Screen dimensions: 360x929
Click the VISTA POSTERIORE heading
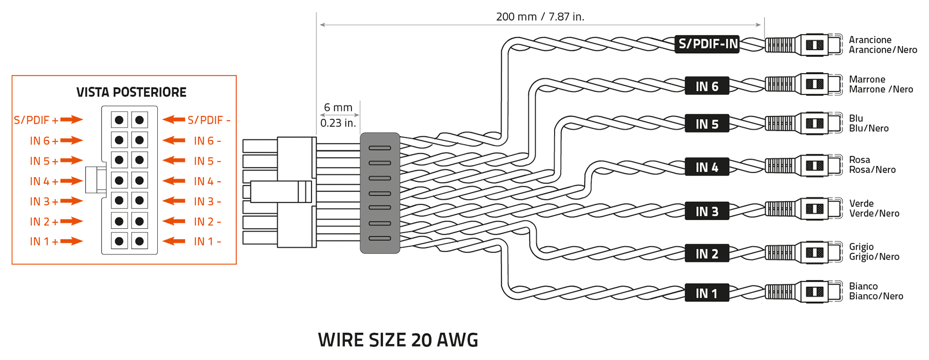click(131, 92)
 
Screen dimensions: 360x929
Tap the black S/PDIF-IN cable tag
click(707, 44)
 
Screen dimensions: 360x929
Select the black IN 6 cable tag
click(706, 86)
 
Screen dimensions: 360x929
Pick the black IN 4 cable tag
click(706, 167)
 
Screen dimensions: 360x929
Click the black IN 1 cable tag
click(706, 293)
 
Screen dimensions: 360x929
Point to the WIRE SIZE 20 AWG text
click(398, 340)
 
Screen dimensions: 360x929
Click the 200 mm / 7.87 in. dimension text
click(540, 17)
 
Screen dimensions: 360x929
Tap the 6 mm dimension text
click(338, 107)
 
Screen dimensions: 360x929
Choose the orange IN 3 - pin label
click(207, 201)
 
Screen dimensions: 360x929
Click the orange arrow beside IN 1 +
click(72, 241)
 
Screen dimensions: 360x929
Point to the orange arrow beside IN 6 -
click(174, 140)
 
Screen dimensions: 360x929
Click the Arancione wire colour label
click(870, 40)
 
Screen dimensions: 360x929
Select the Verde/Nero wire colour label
click(874, 213)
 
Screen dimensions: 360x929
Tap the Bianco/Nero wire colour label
click(876, 296)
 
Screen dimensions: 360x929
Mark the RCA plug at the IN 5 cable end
click(803, 124)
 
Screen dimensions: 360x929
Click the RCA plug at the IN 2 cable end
click(803, 253)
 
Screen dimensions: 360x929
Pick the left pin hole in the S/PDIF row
click(119, 120)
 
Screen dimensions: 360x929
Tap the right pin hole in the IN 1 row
click(139, 241)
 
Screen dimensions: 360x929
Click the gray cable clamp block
click(380, 193)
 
